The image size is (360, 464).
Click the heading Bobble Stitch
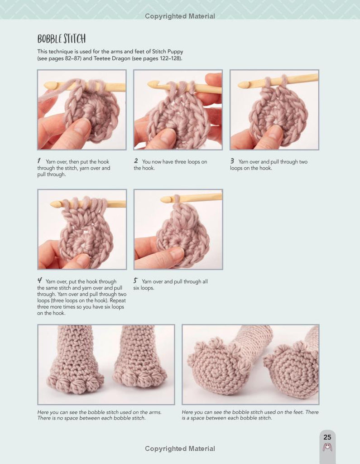62,39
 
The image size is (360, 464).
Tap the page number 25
327,437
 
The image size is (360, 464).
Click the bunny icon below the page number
327,447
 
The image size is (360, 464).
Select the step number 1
39,161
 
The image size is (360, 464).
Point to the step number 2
136,161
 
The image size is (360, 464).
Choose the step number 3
232,161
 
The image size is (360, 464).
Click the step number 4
40,280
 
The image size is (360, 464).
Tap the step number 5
135,280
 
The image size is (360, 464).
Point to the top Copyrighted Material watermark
180,16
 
